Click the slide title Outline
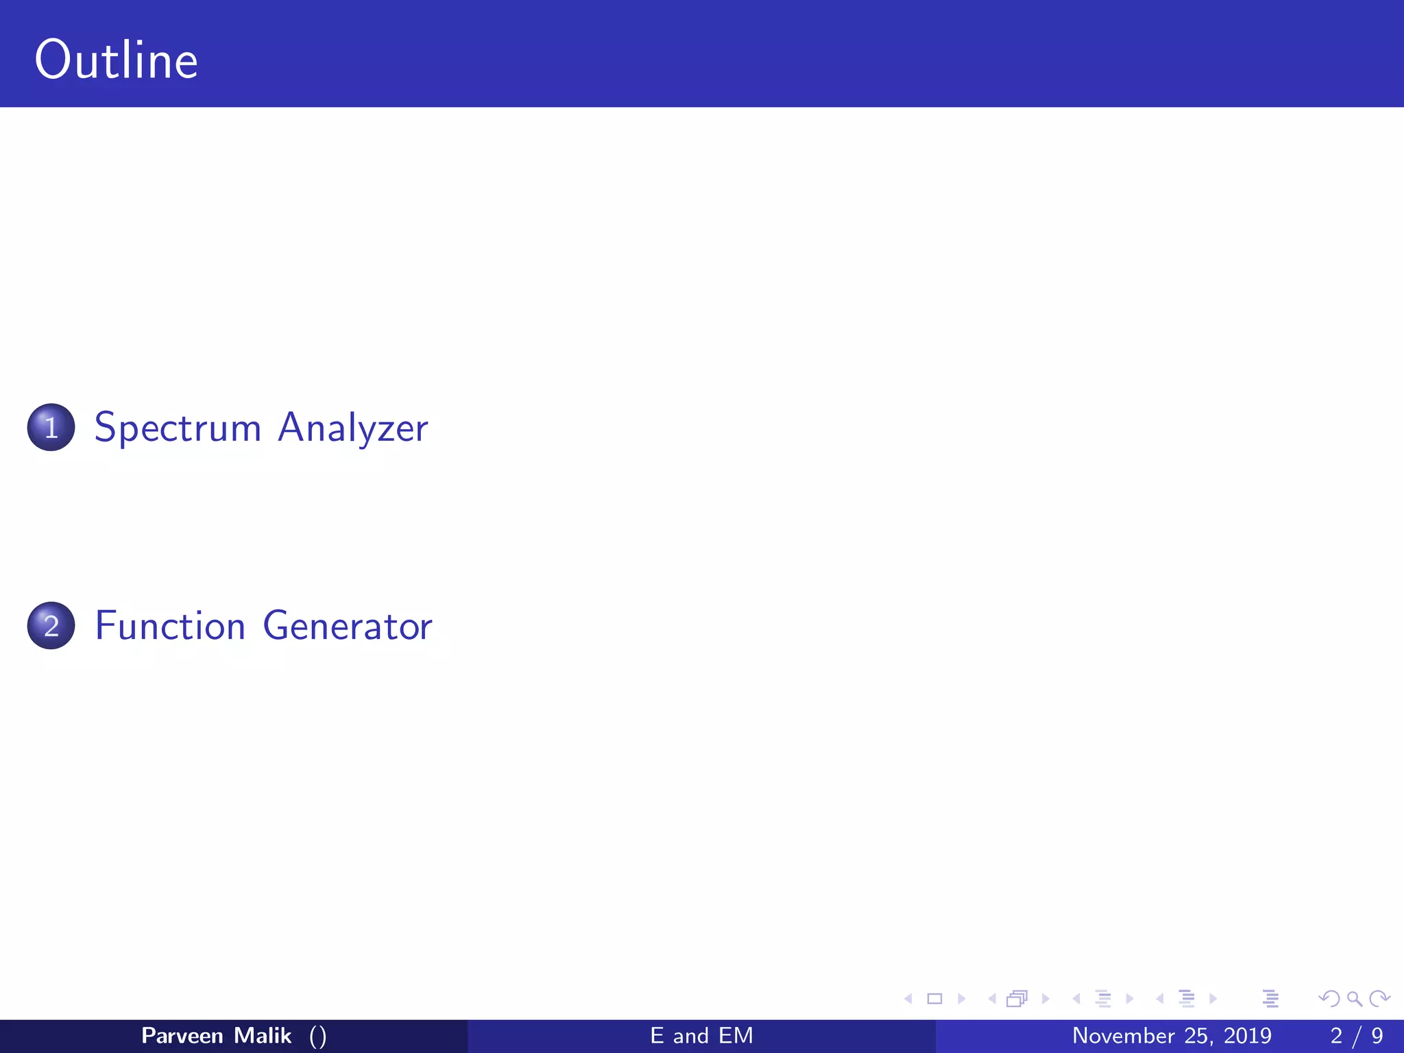click(x=116, y=60)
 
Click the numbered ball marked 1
click(x=51, y=427)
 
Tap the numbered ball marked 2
click(x=51, y=625)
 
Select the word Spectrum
click(x=178, y=428)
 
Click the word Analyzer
click(x=352, y=428)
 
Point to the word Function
click(x=170, y=626)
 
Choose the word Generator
click(x=347, y=626)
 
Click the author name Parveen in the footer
click(x=182, y=1035)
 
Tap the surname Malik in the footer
click(x=263, y=1035)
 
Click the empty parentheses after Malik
click(x=317, y=1036)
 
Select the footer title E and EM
click(x=701, y=1035)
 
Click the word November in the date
click(x=1123, y=1035)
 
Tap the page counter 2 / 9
click(x=1356, y=1035)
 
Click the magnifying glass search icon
click(x=1354, y=999)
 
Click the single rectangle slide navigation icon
click(x=934, y=999)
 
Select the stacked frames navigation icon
click(x=1017, y=999)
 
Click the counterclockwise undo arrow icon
click(x=1329, y=999)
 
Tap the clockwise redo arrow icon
click(x=1379, y=999)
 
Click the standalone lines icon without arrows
click(x=1270, y=999)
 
